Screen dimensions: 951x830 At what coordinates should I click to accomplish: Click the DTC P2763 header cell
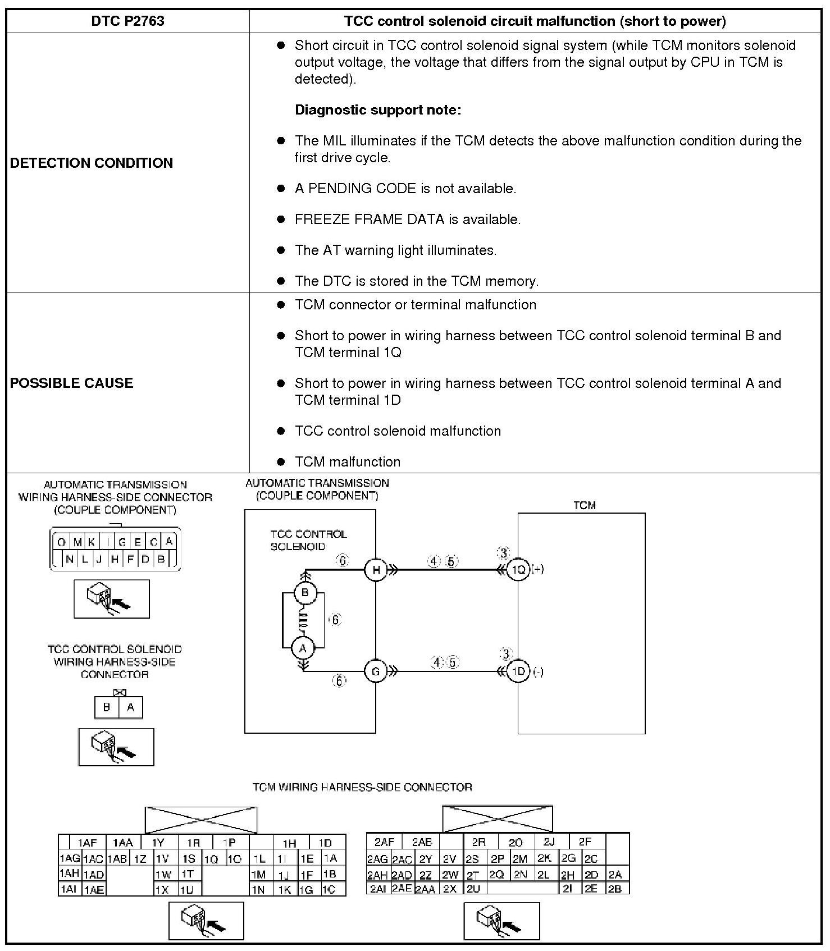127,21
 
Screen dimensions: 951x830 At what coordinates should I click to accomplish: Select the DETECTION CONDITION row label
92,163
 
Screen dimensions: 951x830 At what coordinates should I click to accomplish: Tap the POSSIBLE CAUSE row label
72,383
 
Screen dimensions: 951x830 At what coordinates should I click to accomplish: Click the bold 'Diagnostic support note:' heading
378,110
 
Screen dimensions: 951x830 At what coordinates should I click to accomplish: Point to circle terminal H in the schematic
376,570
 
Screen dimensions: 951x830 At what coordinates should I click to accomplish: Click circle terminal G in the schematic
376,671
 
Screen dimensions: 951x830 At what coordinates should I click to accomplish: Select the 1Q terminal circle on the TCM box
518,570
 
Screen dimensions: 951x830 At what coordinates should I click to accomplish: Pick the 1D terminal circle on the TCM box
518,671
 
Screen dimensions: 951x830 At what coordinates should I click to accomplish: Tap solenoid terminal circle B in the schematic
305,593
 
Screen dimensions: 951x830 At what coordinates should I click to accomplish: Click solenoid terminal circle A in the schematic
303,648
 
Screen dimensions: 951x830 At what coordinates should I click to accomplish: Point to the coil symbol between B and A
304,620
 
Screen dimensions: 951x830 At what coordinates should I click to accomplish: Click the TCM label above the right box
584,505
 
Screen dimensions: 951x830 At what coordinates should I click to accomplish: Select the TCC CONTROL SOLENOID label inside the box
308,540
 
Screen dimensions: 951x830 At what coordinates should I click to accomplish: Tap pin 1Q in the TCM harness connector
211,859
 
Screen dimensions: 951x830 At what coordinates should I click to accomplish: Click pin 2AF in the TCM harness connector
385,842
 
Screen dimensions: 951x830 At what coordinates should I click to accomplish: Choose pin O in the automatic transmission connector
61,542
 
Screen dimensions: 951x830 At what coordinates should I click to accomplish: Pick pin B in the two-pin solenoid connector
107,707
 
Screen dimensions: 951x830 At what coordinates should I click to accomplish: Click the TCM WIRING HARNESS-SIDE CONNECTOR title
362,787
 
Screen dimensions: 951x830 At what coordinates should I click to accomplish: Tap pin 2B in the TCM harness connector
615,889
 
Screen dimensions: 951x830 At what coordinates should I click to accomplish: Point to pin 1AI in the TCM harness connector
69,889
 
